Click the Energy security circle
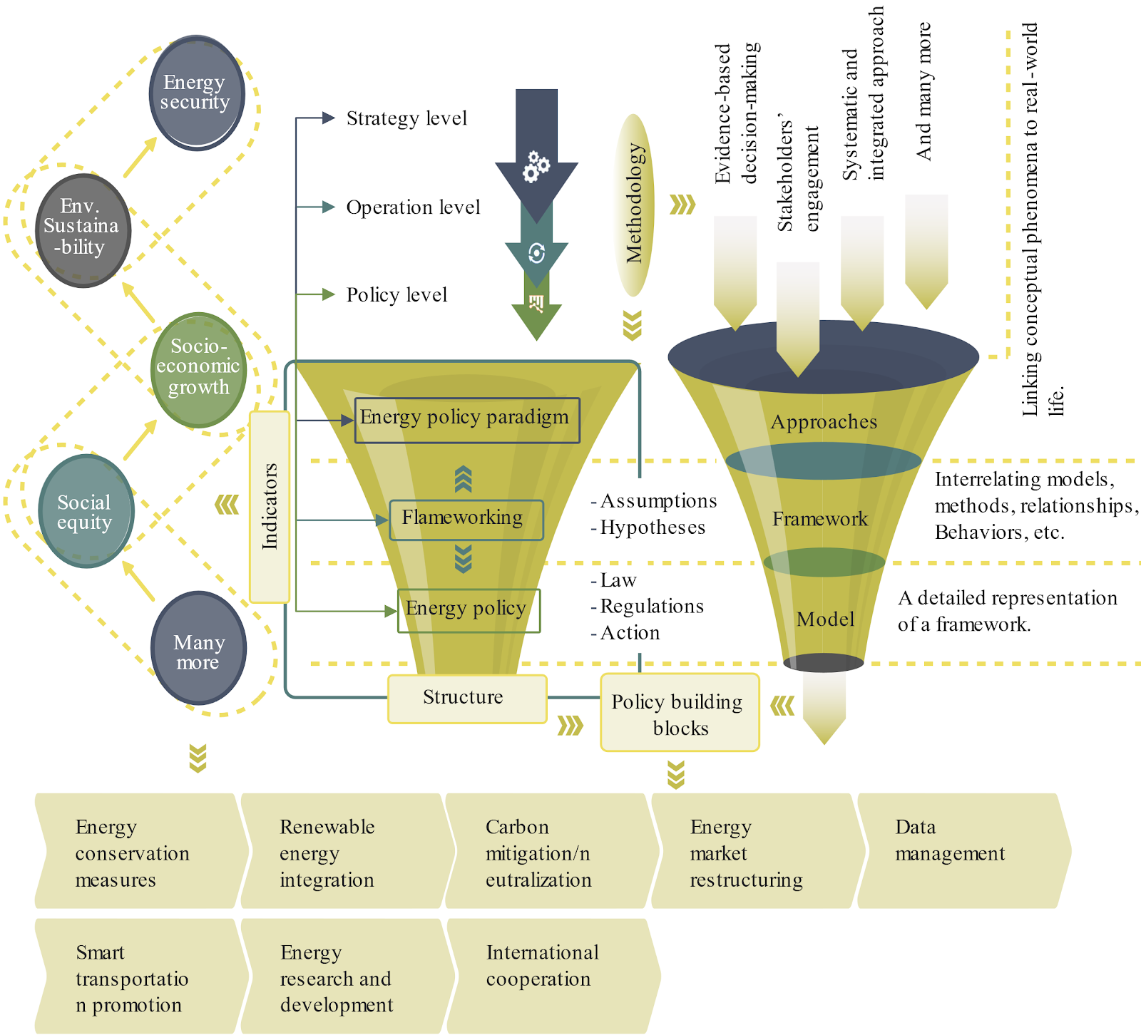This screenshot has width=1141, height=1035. point(198,93)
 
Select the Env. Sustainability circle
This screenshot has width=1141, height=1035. point(83,230)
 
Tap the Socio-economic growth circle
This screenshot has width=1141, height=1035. point(199,370)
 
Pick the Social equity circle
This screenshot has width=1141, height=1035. point(86,511)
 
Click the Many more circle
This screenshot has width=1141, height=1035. point(199,648)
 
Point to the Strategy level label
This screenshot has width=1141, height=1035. point(406,118)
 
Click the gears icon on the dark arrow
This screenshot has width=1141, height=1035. point(536,166)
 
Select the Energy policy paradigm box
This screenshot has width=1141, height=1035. point(467,420)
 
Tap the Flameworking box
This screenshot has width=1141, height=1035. point(466,520)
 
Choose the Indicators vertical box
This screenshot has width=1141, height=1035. point(270,507)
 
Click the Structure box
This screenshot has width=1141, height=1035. point(467,699)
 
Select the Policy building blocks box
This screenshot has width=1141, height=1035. point(680,712)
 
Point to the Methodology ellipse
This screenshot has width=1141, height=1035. point(634,205)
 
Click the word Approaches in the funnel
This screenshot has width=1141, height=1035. point(824,422)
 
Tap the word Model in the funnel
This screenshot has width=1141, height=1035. point(825,619)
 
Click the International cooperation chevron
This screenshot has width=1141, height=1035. point(553,976)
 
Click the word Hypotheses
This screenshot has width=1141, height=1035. point(653,527)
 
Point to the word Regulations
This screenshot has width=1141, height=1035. point(652,606)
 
